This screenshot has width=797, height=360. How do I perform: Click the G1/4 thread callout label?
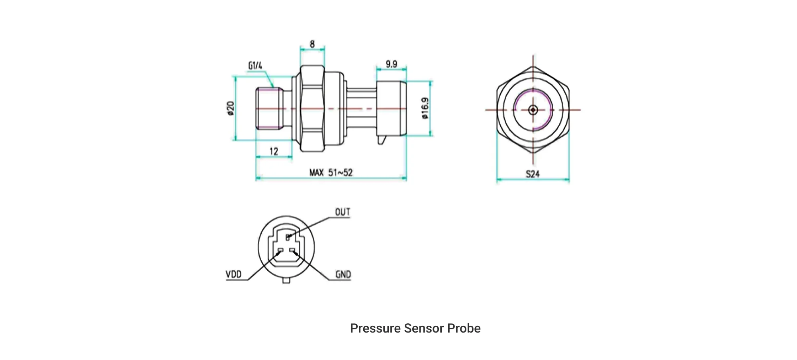pos(255,66)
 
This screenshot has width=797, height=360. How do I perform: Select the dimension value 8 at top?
pos(312,44)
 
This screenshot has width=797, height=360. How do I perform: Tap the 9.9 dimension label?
pos(391,64)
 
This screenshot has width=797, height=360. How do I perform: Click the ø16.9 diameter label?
pos(425,108)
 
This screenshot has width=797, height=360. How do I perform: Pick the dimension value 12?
pos(274,151)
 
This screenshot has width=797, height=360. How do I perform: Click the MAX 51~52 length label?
pos(331,172)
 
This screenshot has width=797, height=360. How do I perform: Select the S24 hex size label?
pos(533,174)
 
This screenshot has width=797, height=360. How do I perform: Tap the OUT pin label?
pos(343,212)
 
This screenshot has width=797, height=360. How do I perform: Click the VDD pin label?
pos(233,274)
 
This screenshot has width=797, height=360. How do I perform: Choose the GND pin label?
pos(343,275)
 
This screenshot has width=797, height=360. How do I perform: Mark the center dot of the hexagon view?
pos(533,110)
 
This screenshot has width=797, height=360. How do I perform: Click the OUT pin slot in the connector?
pos(288,237)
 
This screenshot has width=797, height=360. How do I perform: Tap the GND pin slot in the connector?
pos(292,250)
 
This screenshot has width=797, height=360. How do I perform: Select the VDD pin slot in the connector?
pos(280,250)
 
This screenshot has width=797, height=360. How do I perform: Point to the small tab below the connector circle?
pos(286,281)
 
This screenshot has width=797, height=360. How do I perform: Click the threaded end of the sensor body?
pos(269,108)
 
